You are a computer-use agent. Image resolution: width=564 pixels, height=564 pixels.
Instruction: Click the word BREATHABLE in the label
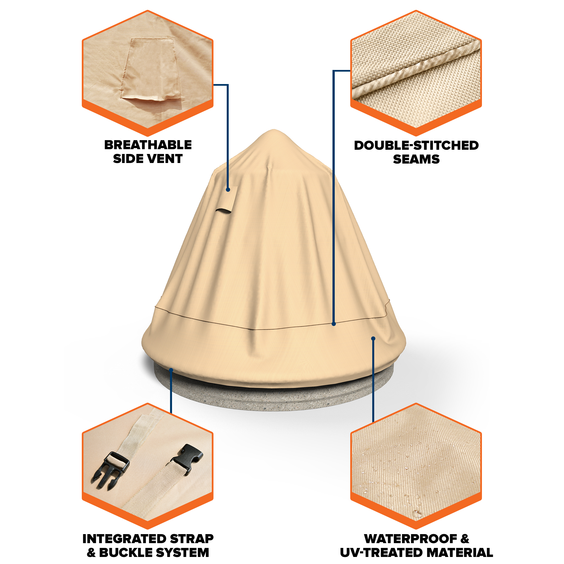pyautogui.click(x=148, y=145)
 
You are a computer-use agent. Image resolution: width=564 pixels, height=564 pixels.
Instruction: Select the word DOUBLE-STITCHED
pyautogui.click(x=416, y=146)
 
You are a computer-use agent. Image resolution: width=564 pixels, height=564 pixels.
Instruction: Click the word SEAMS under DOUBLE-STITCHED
pyautogui.click(x=416, y=159)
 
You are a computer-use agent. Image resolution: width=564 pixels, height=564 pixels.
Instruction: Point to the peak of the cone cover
pyautogui.click(x=274, y=130)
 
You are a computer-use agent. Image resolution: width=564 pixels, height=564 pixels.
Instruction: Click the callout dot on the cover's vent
pyautogui.click(x=228, y=190)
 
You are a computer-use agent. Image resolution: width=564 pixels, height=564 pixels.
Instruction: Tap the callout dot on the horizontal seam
pyautogui.click(x=334, y=324)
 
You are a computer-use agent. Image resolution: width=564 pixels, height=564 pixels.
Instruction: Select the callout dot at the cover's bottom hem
pyautogui.click(x=171, y=370)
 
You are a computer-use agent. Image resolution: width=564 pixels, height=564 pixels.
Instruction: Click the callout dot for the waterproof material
pyautogui.click(x=373, y=338)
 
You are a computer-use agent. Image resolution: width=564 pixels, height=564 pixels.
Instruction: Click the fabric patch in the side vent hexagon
pyautogui.click(x=151, y=69)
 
